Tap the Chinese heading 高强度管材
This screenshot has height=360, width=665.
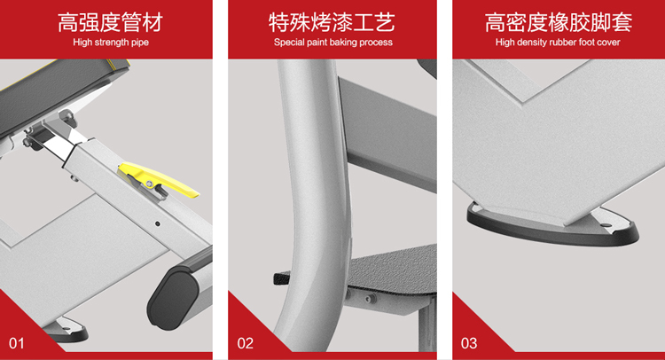pyautogui.click(x=110, y=23)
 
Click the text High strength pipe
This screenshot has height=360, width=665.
pyautogui.click(x=111, y=43)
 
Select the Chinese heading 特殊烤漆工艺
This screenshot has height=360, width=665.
pyautogui.click(x=332, y=23)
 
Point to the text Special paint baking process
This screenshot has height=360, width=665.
pyautogui.click(x=332, y=43)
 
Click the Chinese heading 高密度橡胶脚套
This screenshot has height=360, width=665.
pyautogui.click(x=558, y=23)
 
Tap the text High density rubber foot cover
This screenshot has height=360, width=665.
pyautogui.click(x=558, y=43)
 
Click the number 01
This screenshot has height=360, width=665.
pyautogui.click(x=17, y=343)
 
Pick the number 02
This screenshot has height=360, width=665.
pyautogui.click(x=245, y=343)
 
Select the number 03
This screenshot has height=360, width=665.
pyautogui.click(x=469, y=343)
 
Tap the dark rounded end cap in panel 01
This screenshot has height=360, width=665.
pyautogui.click(x=173, y=294)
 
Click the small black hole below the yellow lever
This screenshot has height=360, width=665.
pyautogui.click(x=157, y=223)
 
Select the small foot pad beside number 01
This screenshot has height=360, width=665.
pyautogui.click(x=68, y=330)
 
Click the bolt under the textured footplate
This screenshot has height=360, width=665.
pyautogui.click(x=369, y=299)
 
